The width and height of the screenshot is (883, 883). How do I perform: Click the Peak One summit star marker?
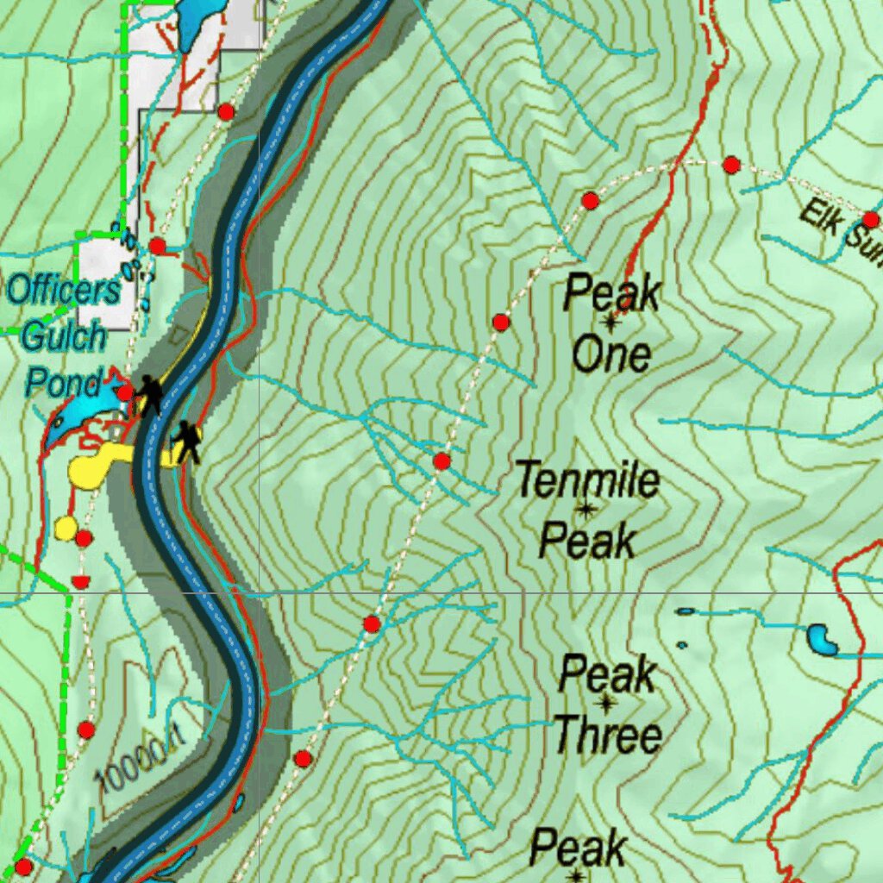[611, 323]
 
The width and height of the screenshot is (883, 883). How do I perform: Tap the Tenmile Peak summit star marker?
[586, 510]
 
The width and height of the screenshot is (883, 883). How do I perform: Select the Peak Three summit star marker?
[606, 705]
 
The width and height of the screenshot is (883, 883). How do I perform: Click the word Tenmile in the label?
[587, 479]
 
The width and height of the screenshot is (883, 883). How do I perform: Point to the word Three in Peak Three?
[608, 736]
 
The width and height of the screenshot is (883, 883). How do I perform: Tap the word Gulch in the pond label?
[64, 336]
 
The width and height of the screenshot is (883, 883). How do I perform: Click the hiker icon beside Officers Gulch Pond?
[150, 394]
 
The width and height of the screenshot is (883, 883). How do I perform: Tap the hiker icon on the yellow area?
[185, 441]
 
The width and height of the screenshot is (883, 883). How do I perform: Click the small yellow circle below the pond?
[66, 527]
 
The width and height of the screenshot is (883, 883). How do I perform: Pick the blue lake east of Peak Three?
[822, 640]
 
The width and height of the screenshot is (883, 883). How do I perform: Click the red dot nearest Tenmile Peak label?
[442, 461]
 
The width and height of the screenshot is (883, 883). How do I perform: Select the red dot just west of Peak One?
[501, 323]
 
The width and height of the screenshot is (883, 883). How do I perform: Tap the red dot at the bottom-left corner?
[23, 866]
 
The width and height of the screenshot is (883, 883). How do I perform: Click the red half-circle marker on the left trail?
[80, 582]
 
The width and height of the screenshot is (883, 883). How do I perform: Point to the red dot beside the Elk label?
[871, 219]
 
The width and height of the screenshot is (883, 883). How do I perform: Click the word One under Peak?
[611, 355]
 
